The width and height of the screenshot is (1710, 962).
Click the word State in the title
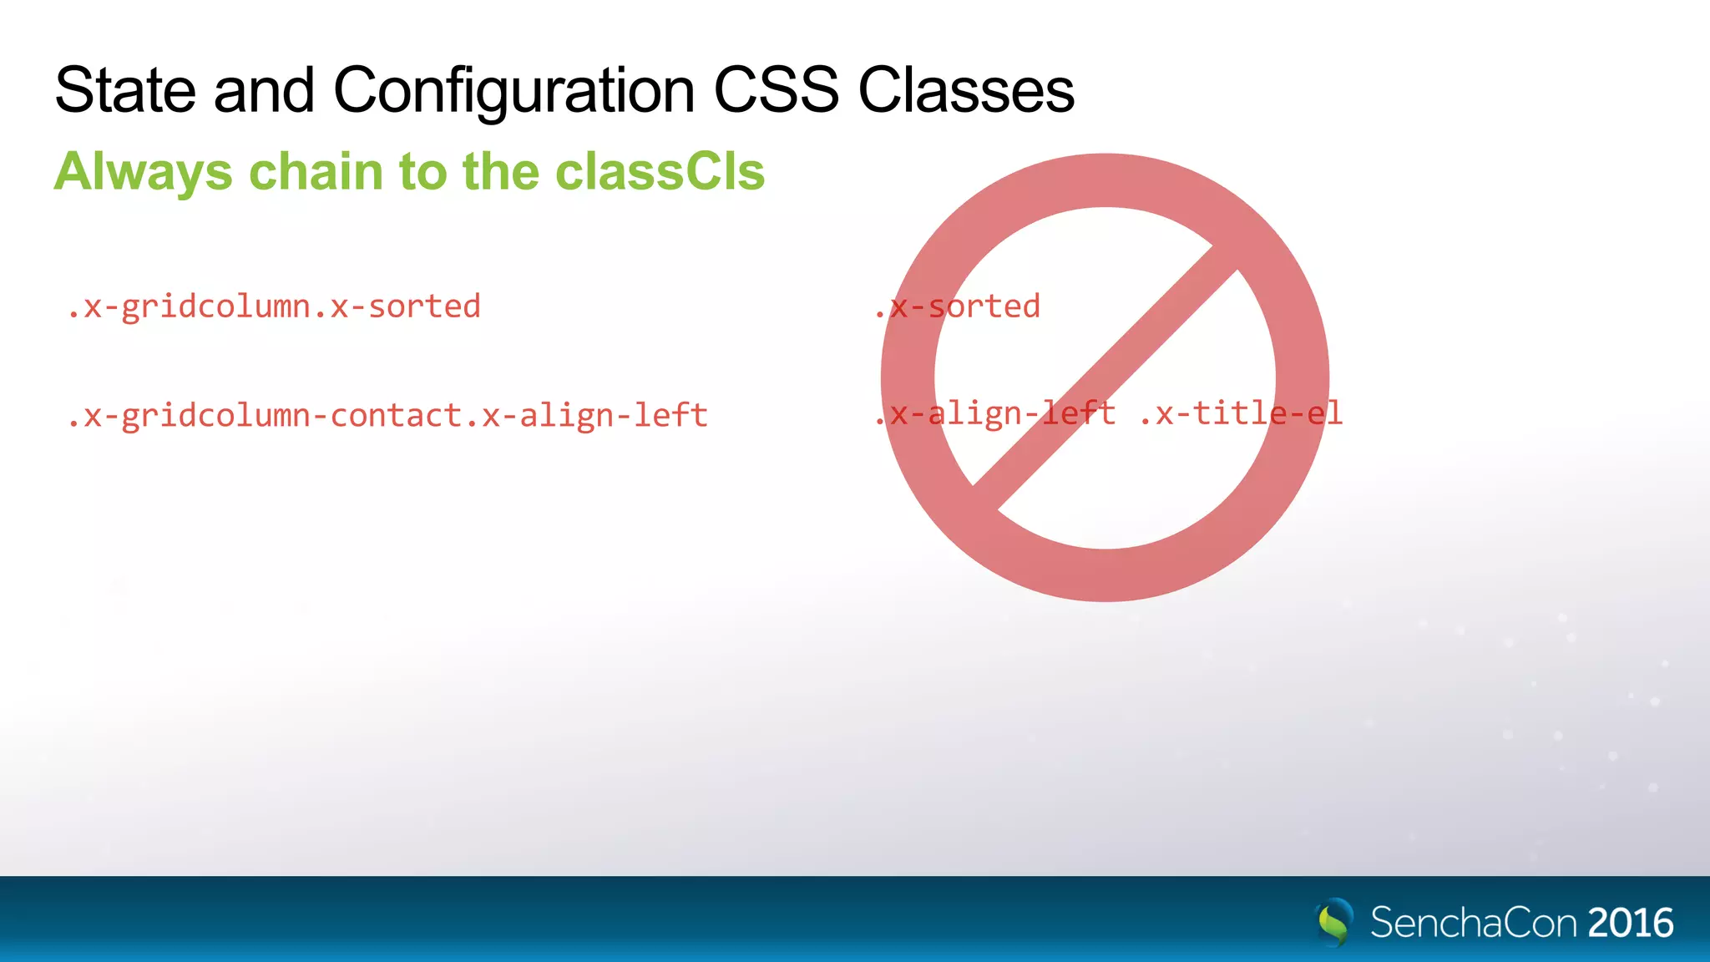[125, 90]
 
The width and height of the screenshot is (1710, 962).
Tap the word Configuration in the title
[514, 90]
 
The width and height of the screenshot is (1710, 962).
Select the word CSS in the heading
[776, 90]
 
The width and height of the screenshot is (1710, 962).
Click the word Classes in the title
[966, 90]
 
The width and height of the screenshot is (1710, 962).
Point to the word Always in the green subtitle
[143, 172]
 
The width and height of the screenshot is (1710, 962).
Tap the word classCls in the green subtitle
[660, 172]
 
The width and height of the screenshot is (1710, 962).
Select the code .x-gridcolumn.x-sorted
[274, 307]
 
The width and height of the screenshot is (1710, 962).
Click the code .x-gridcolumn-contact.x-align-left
[387, 416]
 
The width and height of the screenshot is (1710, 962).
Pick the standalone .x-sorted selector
[957, 307]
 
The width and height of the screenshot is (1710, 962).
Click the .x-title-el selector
[1241, 413]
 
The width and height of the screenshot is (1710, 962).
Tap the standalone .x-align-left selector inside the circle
[994, 413]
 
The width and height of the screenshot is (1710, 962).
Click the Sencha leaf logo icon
[1334, 922]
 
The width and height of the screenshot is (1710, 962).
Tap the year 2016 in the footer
[1630, 923]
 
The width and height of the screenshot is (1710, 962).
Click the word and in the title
[264, 90]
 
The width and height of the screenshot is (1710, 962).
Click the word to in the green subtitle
[422, 172]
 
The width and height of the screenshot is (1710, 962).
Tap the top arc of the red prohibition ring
[1105, 180]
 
